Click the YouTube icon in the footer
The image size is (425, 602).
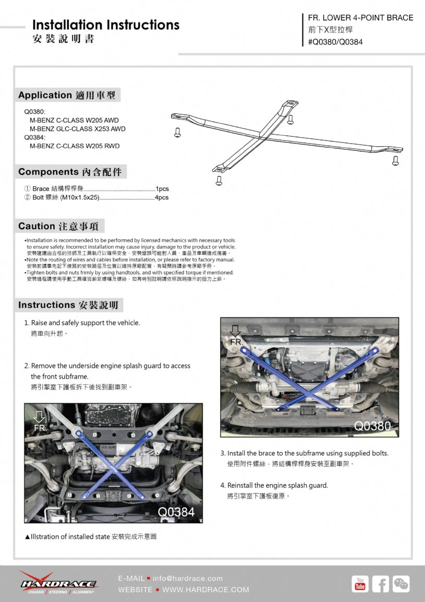pos(360,584)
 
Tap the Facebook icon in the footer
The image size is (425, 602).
pos(380,584)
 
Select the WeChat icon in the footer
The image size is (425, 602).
pos(401,584)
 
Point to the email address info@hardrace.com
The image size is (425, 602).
pos(188,578)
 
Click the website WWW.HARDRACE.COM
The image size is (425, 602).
pos(205,589)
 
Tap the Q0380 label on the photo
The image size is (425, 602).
pos(372,426)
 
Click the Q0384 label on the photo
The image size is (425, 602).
pos(176,512)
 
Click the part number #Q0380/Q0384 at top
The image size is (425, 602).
pos(334,42)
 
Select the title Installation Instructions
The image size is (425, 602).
pos(106,25)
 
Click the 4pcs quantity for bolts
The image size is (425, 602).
pos(162,197)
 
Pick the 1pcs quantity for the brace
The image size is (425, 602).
pos(162,188)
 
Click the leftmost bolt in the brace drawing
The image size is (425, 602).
pos(177,132)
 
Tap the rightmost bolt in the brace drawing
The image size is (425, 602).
pos(395,160)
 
